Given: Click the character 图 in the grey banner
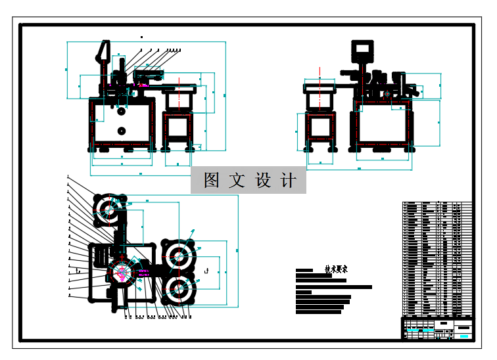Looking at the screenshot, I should click(212, 181).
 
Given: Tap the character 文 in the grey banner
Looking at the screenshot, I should click(237, 181).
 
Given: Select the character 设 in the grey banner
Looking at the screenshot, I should click(262, 181).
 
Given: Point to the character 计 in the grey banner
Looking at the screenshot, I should click(288, 181).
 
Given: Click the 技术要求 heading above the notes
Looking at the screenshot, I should click(336, 269).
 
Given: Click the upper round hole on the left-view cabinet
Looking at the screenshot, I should click(121, 112).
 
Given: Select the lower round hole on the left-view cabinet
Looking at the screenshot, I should click(121, 131).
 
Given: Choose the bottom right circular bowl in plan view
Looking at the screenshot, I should click(178, 288).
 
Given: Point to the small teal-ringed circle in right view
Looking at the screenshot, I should click(389, 94).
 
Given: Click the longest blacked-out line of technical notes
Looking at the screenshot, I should click(334, 287).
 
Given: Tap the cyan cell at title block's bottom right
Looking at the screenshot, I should click(463, 336).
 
